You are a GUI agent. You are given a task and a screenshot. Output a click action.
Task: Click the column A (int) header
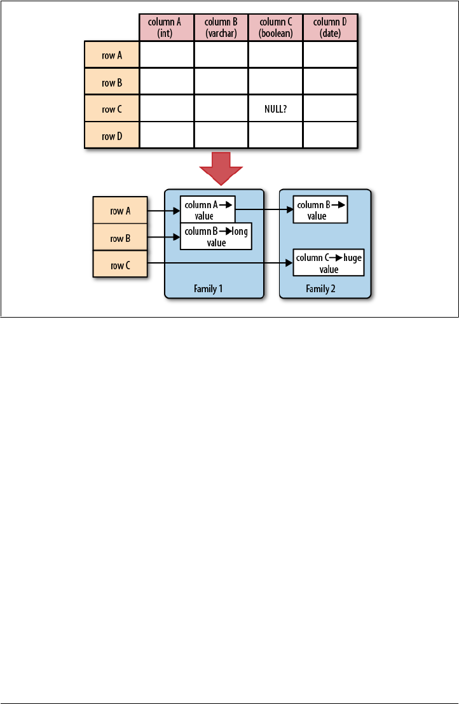point(167,27)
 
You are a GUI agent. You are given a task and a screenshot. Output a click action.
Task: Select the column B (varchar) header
point(221,27)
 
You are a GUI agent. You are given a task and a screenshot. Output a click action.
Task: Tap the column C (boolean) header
point(276,27)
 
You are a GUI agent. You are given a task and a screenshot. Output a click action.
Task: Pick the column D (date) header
point(331,27)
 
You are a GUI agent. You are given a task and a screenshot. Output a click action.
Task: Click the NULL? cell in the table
point(276,109)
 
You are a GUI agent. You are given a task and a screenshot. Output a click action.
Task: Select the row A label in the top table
point(112,55)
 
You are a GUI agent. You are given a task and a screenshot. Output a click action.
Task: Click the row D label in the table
point(112,136)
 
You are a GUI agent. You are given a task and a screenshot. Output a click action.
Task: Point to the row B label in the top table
point(112,82)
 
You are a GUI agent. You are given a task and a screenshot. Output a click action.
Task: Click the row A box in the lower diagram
point(120,211)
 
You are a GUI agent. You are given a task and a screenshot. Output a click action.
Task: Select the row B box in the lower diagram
point(120,237)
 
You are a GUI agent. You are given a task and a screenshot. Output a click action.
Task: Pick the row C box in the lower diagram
point(120,264)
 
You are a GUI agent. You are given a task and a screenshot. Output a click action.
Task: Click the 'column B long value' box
point(216,237)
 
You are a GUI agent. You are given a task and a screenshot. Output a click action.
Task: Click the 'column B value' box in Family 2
point(320,210)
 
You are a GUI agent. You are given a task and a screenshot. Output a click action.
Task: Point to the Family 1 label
point(208,288)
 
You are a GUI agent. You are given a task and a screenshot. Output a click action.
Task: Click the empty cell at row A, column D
point(331,55)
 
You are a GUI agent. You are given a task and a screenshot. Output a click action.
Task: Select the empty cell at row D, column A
point(167,136)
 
